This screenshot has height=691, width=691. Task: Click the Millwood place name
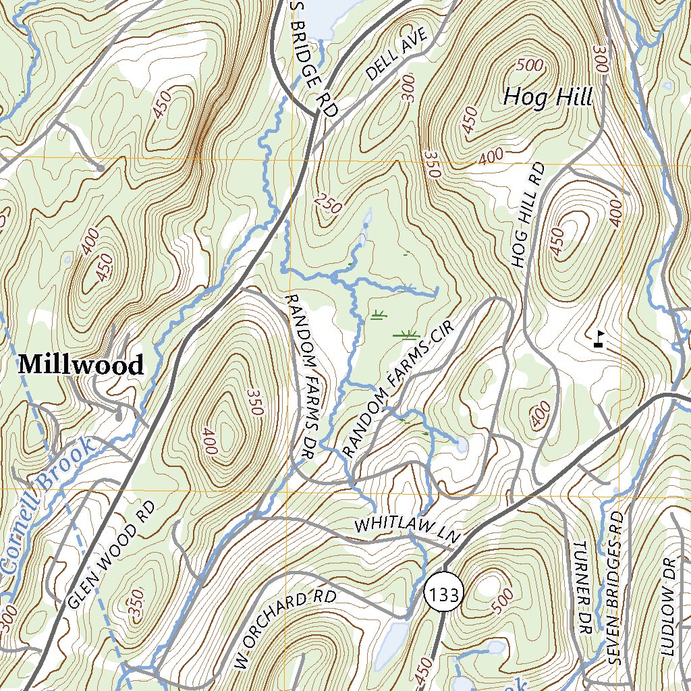81,365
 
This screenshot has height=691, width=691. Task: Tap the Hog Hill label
547,97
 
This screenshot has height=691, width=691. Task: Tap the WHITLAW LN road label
407,530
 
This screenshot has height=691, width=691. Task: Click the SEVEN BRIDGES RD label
615,587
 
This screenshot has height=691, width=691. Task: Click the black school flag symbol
599,339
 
